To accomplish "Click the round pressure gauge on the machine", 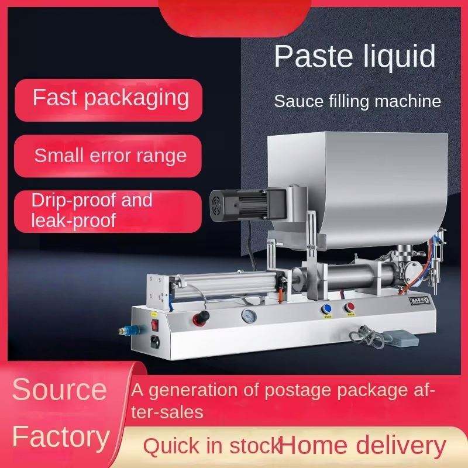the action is click(249, 316).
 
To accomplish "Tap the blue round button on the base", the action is click(326, 309).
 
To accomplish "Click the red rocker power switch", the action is click(154, 325).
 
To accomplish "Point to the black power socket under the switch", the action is click(155, 342).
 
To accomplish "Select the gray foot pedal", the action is click(400, 339).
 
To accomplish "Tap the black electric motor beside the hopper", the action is click(247, 205).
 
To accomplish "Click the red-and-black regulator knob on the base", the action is click(201, 318).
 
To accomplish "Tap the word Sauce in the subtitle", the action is click(299, 101).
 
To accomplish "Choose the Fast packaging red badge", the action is click(109, 100).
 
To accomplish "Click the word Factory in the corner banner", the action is click(61, 438).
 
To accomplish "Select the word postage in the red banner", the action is click(298, 391).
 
